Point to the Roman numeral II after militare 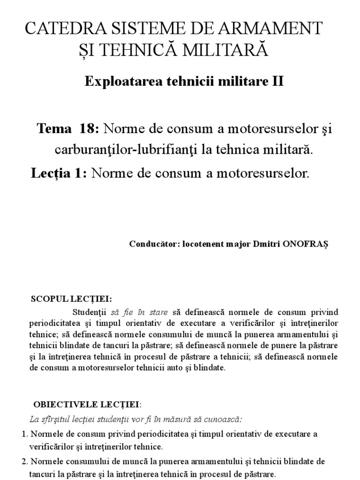(x=277, y=81)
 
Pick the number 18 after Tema (x=88, y=128)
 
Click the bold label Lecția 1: (x=59, y=173)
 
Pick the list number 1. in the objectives (x=25, y=434)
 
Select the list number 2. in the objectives (x=25, y=461)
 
